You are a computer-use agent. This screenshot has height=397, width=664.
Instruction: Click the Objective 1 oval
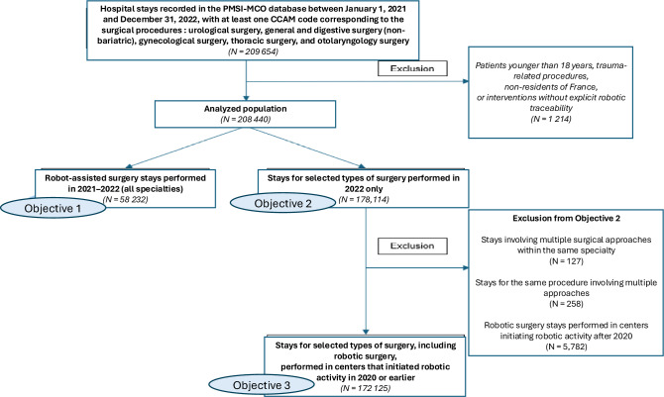[x=53, y=208]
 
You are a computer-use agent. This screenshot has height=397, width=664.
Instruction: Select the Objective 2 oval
[x=282, y=203]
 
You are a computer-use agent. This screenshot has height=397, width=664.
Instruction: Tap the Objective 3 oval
[x=262, y=385]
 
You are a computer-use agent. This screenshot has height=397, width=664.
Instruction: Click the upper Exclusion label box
[x=412, y=68]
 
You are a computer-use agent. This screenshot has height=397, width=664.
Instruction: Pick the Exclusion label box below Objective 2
[x=412, y=246]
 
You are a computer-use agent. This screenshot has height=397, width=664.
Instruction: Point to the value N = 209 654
[x=254, y=51]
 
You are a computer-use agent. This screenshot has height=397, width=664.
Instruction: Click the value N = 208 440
[x=245, y=120]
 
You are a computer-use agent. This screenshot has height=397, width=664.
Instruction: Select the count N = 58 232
[x=125, y=199]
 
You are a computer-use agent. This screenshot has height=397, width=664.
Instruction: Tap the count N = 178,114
[x=364, y=199]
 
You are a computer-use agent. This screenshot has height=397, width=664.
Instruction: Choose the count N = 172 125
[x=366, y=388]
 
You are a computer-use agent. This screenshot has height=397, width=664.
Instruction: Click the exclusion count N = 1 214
[x=550, y=119]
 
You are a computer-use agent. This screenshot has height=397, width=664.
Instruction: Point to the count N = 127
[x=566, y=261]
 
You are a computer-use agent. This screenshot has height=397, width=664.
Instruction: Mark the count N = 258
[x=566, y=304]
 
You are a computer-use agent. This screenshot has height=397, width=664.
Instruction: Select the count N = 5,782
[x=566, y=347]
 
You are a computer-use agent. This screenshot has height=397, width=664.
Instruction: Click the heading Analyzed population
[x=245, y=109]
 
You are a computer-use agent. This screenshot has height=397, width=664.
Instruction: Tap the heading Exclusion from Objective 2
[x=566, y=219]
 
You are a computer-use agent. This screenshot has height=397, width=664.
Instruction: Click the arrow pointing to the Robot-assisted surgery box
[x=183, y=148]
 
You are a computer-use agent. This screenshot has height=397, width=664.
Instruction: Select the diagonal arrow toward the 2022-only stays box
[x=308, y=148]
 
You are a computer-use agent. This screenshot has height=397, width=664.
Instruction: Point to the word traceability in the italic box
[x=550, y=108]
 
